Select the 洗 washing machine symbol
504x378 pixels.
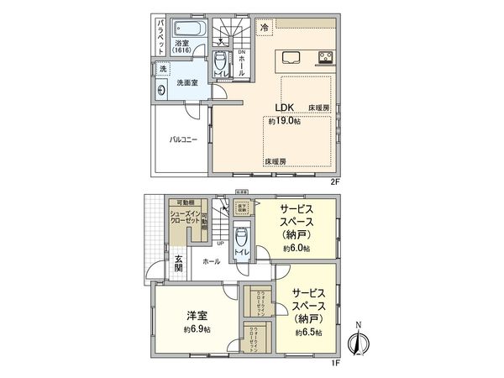coord(163,67)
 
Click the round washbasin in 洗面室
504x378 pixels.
coord(161,91)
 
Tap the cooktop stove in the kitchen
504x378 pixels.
coord(324,57)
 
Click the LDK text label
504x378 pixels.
coord(282,108)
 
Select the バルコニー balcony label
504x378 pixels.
coord(183,139)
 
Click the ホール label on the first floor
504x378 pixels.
coord(211,262)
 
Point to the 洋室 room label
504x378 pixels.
coord(197,316)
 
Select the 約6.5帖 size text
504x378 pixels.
coord(308,333)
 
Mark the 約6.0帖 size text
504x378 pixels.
coord(297,249)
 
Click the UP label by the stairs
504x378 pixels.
coord(219,244)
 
